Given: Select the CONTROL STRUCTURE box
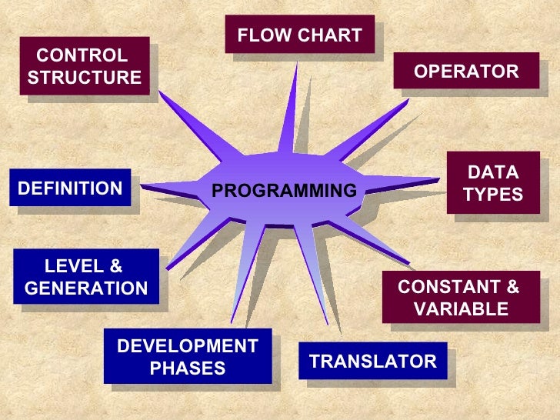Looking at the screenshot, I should tap(84, 67).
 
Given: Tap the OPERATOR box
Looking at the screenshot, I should tap(466, 72).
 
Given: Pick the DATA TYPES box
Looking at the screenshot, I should tap(493, 184).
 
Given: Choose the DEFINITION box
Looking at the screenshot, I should tap(70, 188).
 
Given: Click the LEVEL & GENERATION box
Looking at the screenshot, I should tap(86, 278).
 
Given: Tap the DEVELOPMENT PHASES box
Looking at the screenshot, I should tap(188, 357).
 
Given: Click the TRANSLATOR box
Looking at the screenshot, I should tap(372, 362).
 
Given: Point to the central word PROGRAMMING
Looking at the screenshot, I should tap(285, 191).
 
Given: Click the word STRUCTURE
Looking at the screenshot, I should tap(85, 78).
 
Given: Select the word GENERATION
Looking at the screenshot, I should tap(86, 288).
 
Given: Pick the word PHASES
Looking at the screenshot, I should tap(188, 368).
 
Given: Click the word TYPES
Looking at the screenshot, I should tap(493, 195).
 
